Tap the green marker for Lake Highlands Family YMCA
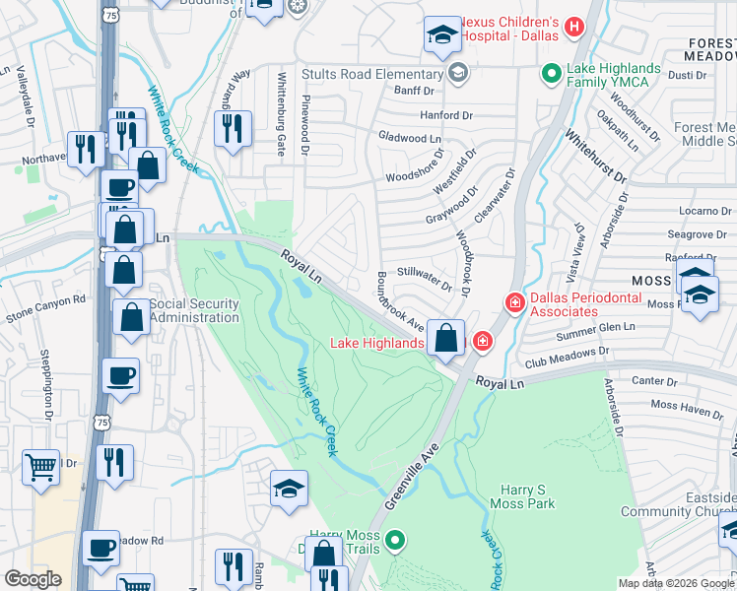(x=552, y=74)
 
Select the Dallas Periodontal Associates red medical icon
(x=513, y=303)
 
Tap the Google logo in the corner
(x=33, y=579)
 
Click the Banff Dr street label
(x=414, y=91)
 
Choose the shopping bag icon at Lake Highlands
(x=446, y=338)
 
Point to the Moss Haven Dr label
(x=687, y=406)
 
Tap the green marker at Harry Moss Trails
(x=395, y=540)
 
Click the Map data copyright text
(x=675, y=583)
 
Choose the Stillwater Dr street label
(x=425, y=279)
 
